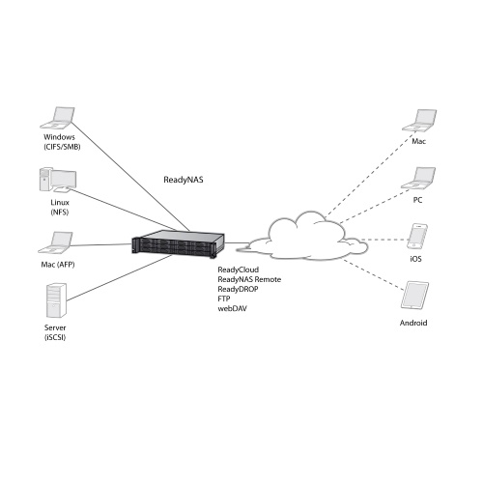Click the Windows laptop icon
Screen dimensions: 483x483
click(x=58, y=118)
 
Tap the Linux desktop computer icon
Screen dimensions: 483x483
click(x=58, y=180)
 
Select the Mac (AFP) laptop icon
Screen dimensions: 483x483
click(x=55, y=242)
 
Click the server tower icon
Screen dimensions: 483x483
click(x=56, y=300)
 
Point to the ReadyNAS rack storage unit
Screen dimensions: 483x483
click(x=178, y=243)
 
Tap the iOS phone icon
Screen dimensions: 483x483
click(x=417, y=237)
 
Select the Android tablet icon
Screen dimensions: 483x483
click(x=414, y=296)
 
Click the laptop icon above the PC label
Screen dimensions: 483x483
click(x=418, y=178)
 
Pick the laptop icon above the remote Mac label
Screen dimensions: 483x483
click(x=419, y=121)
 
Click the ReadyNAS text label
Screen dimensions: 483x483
click(x=184, y=180)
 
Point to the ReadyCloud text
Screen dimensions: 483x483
click(x=239, y=270)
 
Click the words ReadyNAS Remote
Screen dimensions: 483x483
click(x=249, y=279)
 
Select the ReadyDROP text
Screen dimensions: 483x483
click(x=238, y=289)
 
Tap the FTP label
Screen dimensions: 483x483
click(x=224, y=298)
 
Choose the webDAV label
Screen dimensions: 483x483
click(x=233, y=308)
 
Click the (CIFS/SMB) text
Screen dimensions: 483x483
click(x=62, y=147)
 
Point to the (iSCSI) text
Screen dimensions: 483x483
click(x=55, y=337)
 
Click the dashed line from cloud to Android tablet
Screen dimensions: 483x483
click(x=374, y=274)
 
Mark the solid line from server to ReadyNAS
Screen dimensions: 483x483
click(x=120, y=277)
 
